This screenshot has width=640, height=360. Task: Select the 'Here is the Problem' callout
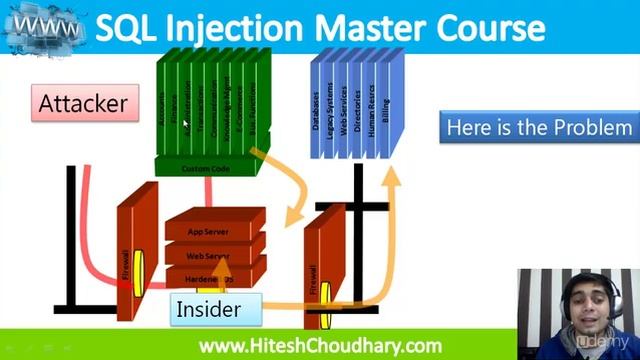coord(539,127)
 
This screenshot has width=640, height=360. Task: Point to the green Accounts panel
coord(163,105)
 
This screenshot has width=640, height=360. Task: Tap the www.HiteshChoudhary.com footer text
coord(320,346)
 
